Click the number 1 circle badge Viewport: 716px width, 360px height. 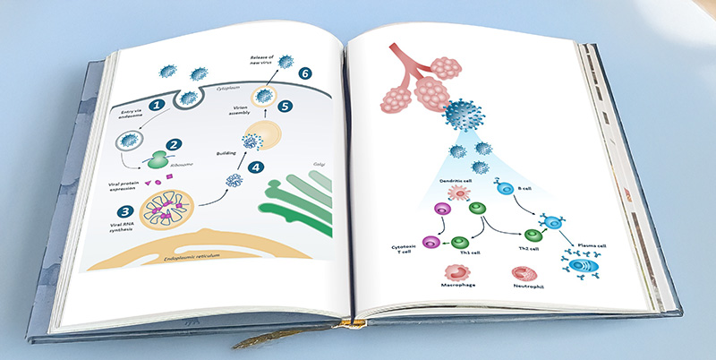click(x=157, y=105)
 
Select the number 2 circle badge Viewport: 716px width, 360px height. click(x=174, y=143)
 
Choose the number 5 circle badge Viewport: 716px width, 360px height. click(x=286, y=106)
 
